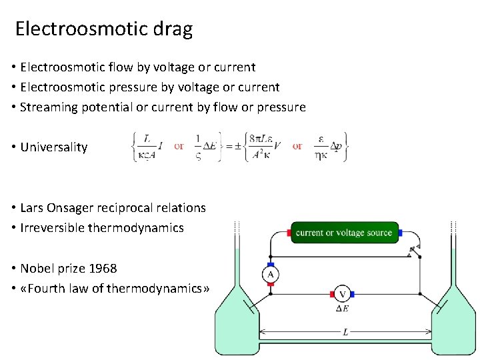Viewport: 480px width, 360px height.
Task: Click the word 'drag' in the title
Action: click(172, 29)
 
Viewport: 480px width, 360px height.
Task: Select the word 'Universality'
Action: click(54, 147)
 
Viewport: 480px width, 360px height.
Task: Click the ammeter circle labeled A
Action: click(270, 274)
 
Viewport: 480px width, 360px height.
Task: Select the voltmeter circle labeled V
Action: click(343, 294)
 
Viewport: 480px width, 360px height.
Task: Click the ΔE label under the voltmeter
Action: click(343, 309)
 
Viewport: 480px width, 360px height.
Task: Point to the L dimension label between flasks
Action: click(345, 332)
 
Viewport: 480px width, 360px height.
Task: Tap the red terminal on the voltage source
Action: click(289, 233)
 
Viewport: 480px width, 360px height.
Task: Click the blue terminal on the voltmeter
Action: click(353, 294)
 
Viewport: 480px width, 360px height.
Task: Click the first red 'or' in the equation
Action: click(179, 146)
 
